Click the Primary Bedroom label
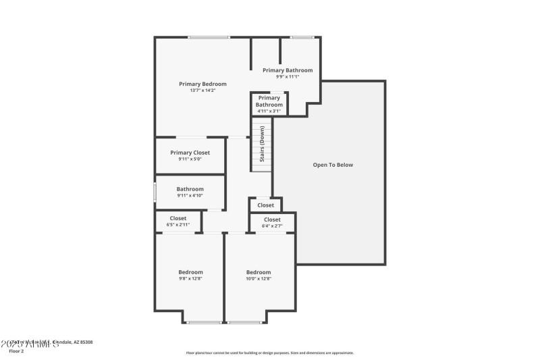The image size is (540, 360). tap(202, 84)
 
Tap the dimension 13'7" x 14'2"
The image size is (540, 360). tap(202, 91)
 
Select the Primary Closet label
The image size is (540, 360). tap(190, 153)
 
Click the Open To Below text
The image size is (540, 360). tap(333, 165)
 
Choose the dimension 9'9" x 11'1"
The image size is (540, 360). tap(288, 77)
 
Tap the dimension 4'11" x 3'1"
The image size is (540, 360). tap(269, 111)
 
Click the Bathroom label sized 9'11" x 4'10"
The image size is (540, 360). tap(190, 189)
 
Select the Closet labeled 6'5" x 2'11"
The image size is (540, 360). tap(178, 218)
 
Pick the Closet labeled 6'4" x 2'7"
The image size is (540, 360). tap(272, 220)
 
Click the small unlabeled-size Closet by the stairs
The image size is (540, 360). tap(265, 205)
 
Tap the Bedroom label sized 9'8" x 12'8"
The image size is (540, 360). tap(190, 272)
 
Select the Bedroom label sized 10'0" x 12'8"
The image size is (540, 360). tap(259, 272)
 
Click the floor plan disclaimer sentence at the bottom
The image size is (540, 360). tap(269, 353)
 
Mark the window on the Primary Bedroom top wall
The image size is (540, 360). tap(209, 37)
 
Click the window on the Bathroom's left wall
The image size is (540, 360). tap(155, 192)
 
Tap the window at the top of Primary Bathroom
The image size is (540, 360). tap(302, 37)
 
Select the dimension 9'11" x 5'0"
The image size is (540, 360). tap(190, 159)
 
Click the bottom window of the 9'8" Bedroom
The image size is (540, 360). tap(204, 322)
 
